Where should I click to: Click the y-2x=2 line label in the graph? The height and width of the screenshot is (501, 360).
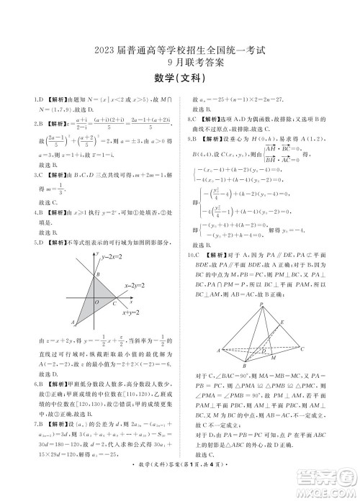coord(113,256)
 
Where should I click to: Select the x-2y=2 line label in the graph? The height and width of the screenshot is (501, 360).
coord(135,285)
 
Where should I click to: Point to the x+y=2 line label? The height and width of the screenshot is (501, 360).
coord(131,312)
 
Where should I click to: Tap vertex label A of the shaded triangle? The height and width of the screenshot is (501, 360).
coord(73,322)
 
